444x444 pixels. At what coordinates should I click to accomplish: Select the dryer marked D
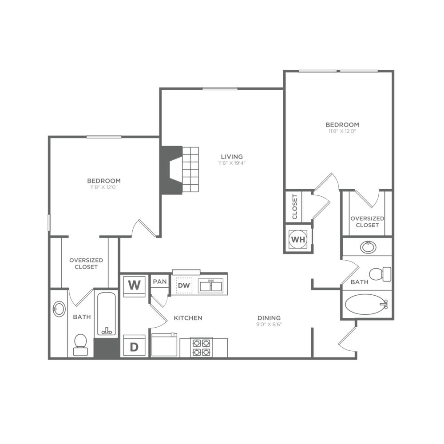(134, 346)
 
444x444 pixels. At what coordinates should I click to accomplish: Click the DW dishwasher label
(183, 285)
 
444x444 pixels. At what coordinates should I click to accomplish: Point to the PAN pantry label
(159, 281)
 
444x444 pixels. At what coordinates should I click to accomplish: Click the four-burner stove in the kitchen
(201, 347)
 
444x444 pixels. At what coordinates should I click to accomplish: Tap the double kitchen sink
(210, 286)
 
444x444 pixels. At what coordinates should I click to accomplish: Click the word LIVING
(232, 157)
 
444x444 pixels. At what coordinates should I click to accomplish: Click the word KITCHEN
(188, 318)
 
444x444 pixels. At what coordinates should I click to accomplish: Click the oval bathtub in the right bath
(365, 305)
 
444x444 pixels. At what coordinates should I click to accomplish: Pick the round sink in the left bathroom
(59, 309)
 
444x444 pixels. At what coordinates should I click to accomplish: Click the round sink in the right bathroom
(368, 246)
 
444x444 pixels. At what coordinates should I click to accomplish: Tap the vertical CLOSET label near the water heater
(294, 206)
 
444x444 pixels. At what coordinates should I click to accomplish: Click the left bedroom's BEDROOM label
(104, 181)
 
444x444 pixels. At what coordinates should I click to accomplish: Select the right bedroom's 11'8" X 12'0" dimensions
(342, 131)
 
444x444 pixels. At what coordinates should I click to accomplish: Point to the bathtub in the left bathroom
(106, 314)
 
